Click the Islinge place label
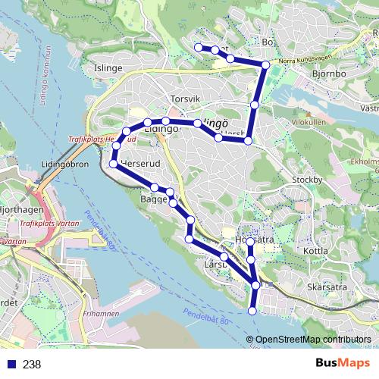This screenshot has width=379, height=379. [x=108, y=67]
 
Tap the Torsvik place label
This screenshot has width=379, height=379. [x=185, y=99]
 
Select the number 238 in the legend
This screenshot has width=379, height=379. [x=32, y=364]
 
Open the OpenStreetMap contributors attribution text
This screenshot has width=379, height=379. [x=313, y=340]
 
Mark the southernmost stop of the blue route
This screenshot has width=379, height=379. [x=253, y=310]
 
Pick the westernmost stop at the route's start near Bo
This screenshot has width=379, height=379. [x=199, y=48]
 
